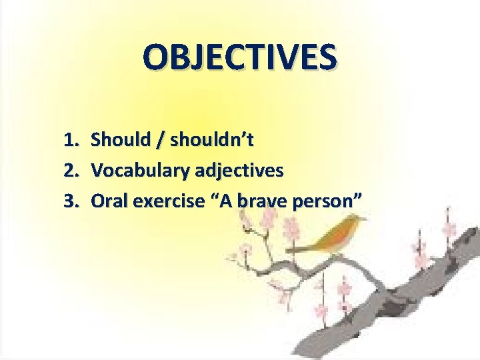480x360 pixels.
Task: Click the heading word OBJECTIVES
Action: [x=239, y=57]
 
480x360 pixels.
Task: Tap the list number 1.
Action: [x=71, y=140]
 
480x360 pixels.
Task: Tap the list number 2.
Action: [x=71, y=171]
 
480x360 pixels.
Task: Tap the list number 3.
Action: [x=71, y=201]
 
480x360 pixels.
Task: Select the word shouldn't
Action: [x=212, y=140]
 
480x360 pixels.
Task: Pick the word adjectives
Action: [x=237, y=171]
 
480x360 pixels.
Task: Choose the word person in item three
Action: [x=323, y=201]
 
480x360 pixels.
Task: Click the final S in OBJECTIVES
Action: [x=325, y=57]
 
